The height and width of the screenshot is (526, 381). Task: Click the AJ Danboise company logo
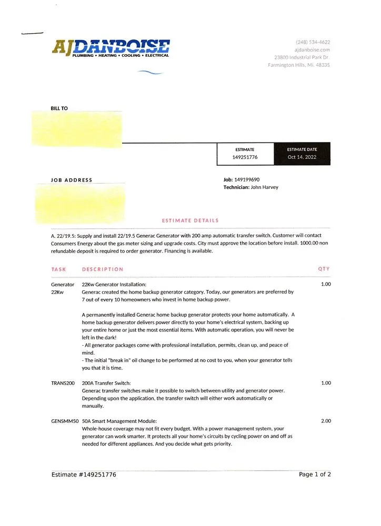tap(111, 47)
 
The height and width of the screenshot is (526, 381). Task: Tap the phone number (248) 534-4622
tap(313, 42)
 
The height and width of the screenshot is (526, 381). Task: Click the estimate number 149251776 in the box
tap(245, 157)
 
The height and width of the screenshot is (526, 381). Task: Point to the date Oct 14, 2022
tap(302, 157)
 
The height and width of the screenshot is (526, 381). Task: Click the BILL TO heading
tap(59, 108)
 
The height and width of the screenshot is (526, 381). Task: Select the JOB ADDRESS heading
tap(71, 180)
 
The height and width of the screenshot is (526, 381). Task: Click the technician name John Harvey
tap(265, 187)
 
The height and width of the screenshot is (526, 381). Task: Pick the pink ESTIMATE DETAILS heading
tap(190, 220)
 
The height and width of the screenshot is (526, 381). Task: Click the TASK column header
tap(58, 269)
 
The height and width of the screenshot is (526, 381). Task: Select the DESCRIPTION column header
tap(103, 269)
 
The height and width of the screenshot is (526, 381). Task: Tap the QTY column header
tap(324, 269)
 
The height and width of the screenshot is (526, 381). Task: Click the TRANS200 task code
tap(63, 383)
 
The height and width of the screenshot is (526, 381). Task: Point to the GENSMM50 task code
tap(65, 421)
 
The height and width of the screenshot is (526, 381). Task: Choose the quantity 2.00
tap(326, 421)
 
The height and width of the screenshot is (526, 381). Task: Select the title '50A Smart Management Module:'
tap(119, 421)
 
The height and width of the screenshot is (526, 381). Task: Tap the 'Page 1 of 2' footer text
tap(315, 474)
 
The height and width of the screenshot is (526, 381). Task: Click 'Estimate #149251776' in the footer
tap(84, 474)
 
